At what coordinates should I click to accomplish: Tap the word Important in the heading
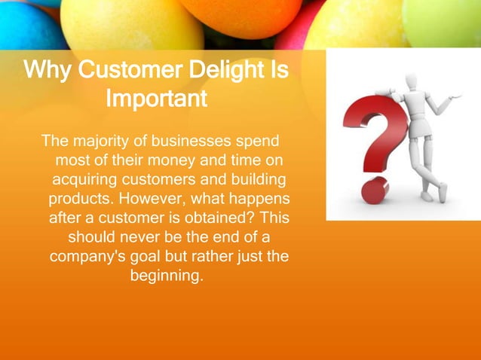[157, 99]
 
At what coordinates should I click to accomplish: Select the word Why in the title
[48, 72]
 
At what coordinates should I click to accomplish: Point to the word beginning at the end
[166, 276]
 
